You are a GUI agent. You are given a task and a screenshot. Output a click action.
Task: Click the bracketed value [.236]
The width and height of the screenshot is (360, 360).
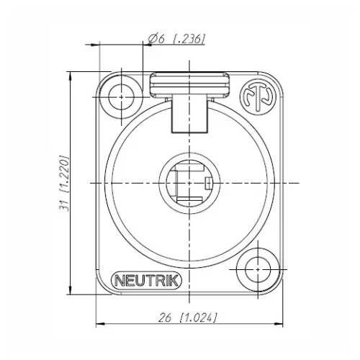[189, 40]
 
